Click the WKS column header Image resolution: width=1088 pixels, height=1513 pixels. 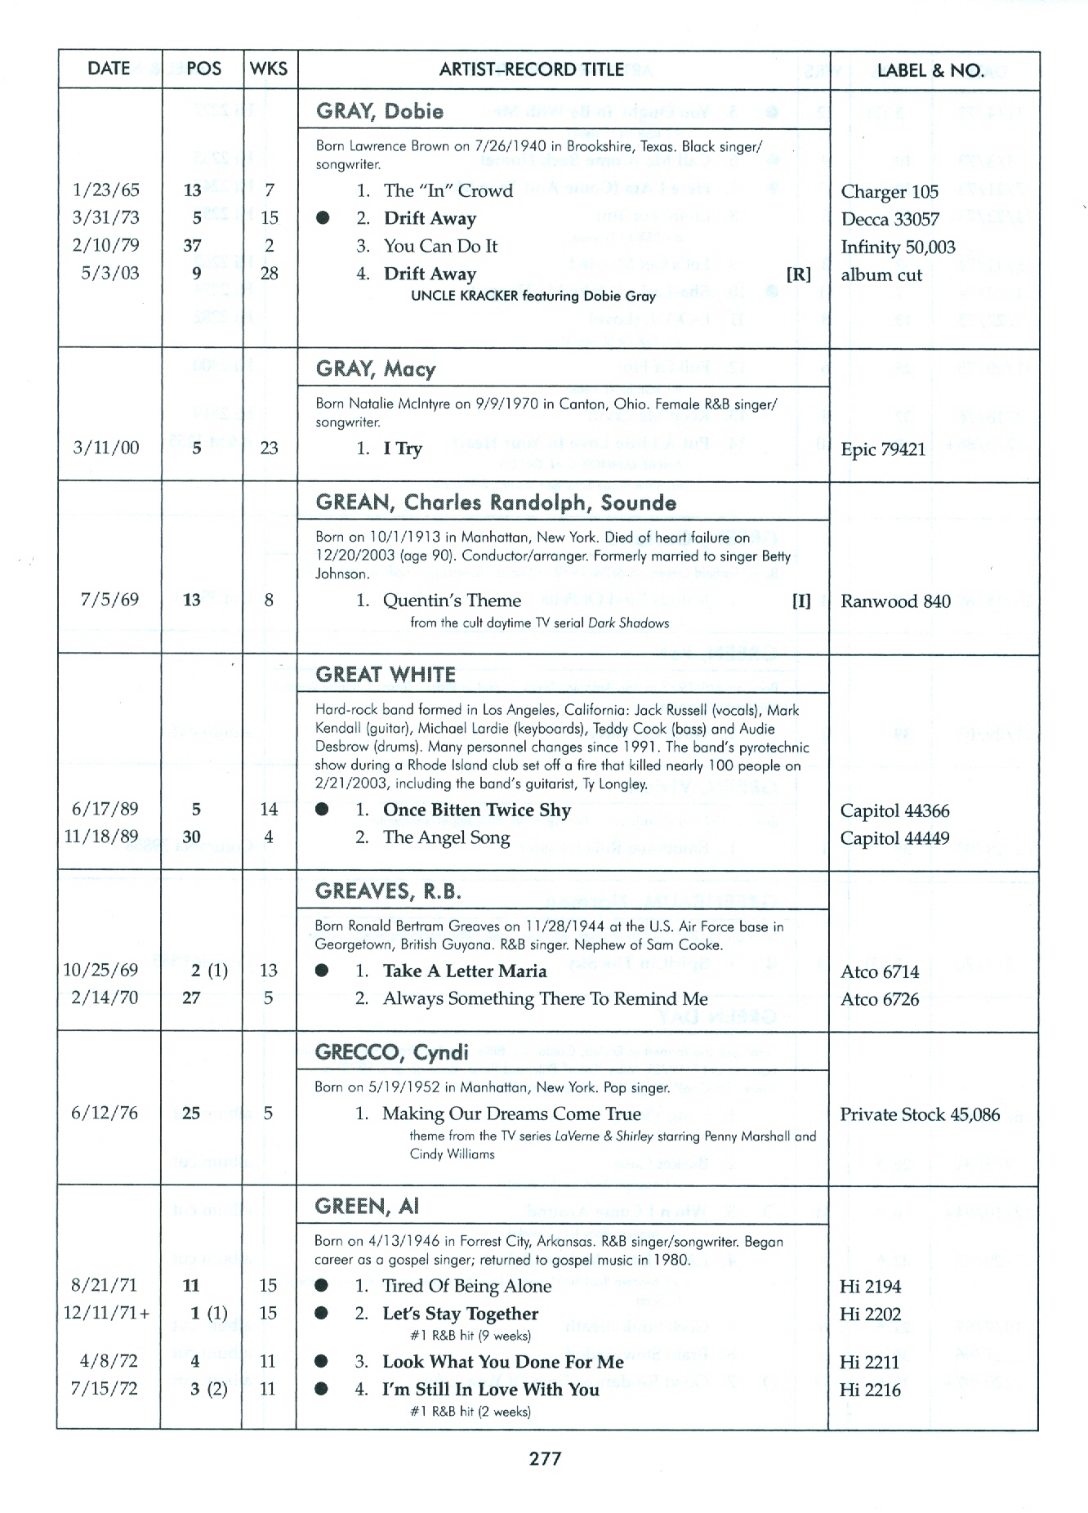(269, 69)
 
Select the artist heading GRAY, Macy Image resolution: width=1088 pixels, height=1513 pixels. (376, 369)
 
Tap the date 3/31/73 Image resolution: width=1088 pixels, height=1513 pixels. (105, 217)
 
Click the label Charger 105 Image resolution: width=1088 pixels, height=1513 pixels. (890, 192)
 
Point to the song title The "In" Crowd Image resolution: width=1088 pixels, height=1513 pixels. (448, 191)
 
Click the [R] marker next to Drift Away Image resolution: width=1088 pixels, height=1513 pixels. (798, 274)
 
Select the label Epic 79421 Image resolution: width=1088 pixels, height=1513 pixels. (883, 449)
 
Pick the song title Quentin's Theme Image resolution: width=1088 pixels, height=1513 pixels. (452, 600)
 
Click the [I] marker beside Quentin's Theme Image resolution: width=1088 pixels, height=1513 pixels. (800, 601)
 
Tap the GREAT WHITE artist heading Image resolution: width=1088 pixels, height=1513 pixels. (386, 675)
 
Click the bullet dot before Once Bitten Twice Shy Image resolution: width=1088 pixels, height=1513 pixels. (323, 810)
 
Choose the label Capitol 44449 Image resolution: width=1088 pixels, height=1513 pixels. (894, 838)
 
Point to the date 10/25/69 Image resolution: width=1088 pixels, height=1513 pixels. (101, 970)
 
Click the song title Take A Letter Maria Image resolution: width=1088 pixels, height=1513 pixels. (465, 971)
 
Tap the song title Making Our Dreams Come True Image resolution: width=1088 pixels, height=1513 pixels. (511, 1114)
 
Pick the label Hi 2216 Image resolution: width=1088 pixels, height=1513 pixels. (870, 1390)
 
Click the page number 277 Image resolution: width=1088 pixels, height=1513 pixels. (545, 1458)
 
